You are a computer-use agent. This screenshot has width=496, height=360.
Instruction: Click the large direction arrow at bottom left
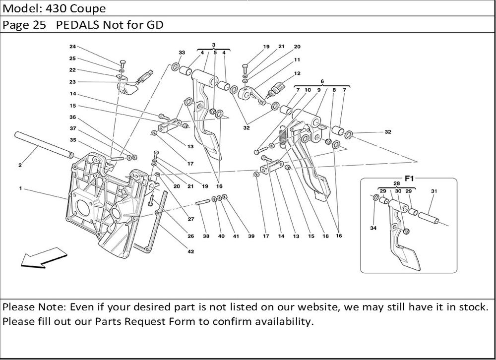[x=43, y=259]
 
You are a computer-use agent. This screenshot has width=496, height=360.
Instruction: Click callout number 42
[x=191, y=251]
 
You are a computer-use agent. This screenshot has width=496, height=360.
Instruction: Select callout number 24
[x=72, y=47]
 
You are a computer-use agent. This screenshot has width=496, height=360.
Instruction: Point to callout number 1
[x=20, y=188]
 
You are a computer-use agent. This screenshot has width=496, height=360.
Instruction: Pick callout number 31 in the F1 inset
[x=434, y=191]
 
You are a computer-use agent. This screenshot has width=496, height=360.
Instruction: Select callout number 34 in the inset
[x=373, y=229]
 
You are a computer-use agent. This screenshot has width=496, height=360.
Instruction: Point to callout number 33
[x=182, y=53]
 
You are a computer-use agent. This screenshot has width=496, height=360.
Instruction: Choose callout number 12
[x=297, y=73]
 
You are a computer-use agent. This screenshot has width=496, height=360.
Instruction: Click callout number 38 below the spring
[x=206, y=237]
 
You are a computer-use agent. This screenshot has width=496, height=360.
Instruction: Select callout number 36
[x=72, y=118]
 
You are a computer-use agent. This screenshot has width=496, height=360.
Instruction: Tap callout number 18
[x=325, y=237]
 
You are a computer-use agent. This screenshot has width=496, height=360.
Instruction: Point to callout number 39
[x=251, y=237]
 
